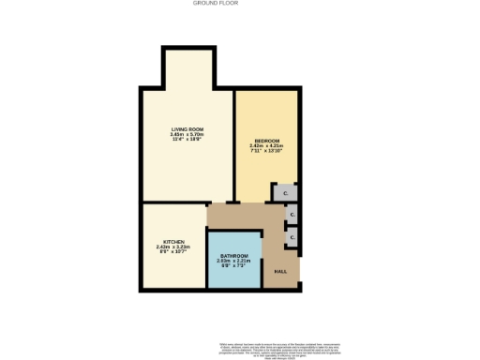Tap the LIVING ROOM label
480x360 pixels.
(188, 128)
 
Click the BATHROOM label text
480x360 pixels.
(233, 256)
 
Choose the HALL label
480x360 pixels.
(280, 272)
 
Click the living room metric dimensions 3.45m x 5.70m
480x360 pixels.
(188, 134)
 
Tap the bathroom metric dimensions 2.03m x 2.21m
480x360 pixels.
(233, 262)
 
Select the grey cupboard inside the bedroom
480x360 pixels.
(286, 193)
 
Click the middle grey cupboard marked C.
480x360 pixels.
(292, 216)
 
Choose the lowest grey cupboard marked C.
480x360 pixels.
(292, 238)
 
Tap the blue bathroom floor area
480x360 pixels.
(234, 277)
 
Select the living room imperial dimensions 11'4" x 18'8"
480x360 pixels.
(188, 140)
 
